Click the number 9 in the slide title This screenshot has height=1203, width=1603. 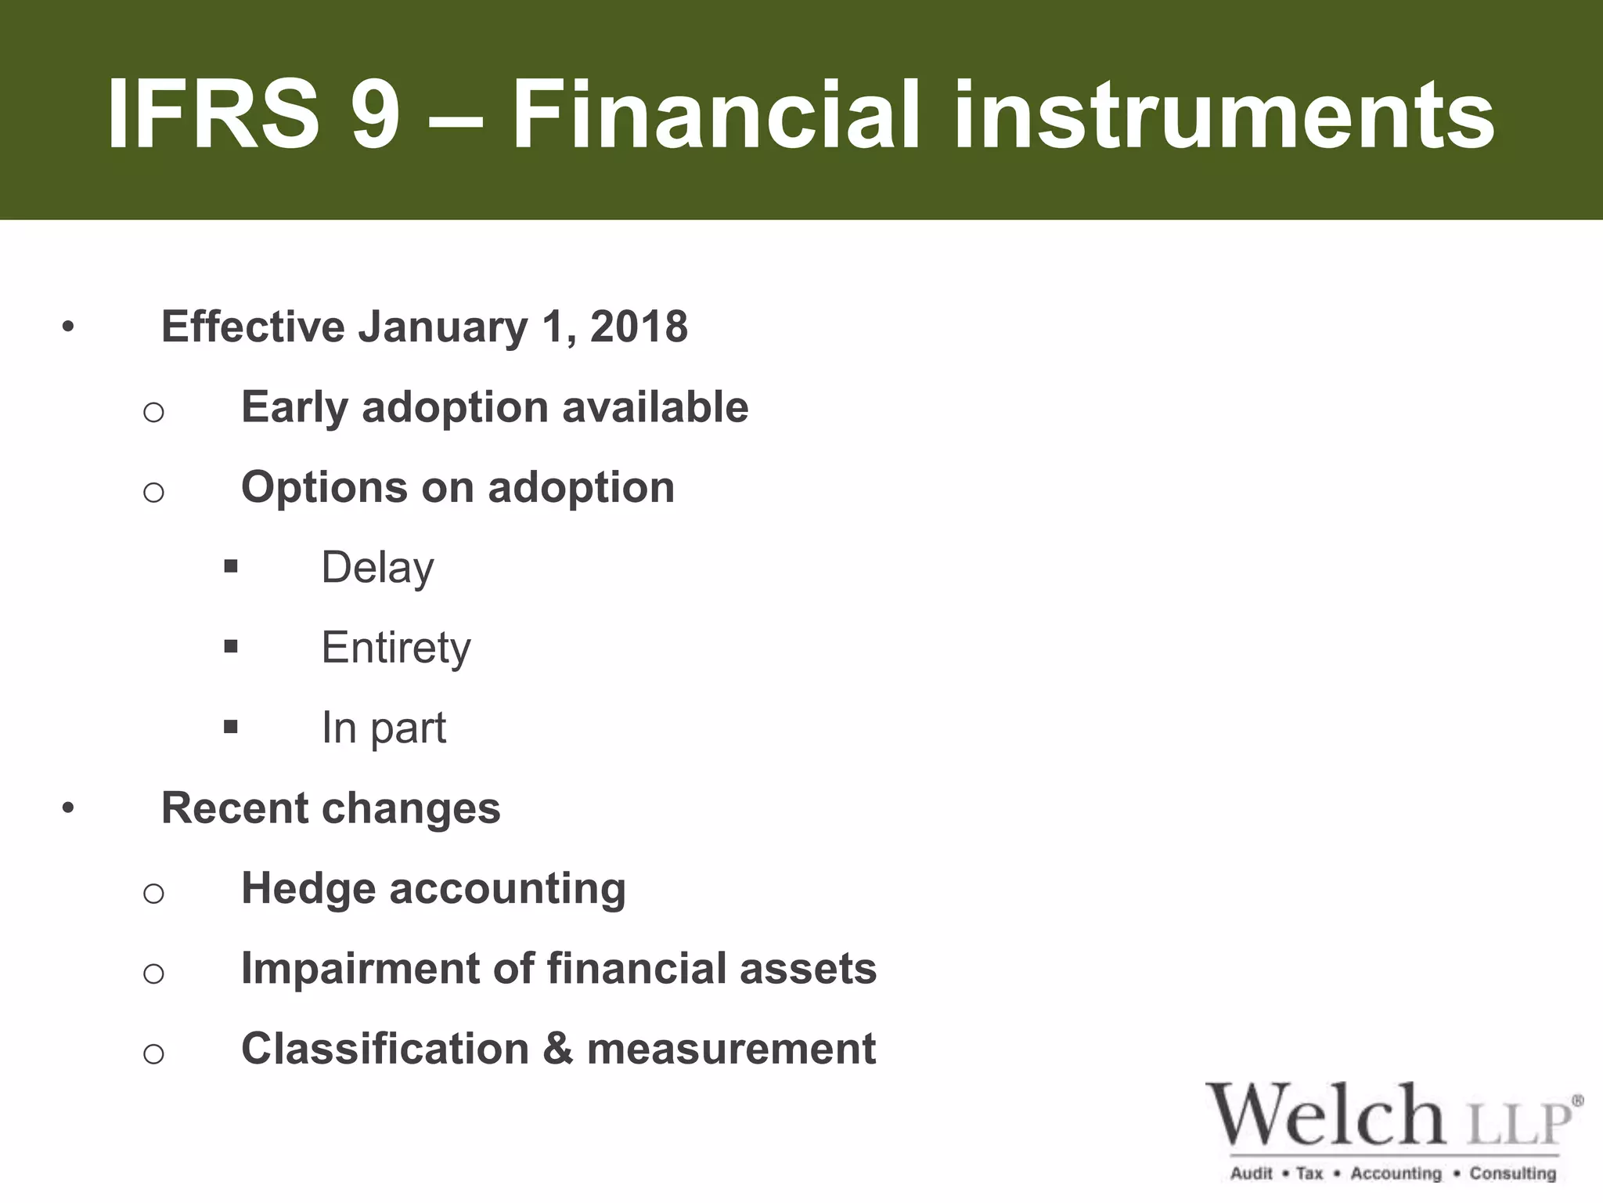pos(376,116)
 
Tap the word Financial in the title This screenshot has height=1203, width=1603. pos(716,116)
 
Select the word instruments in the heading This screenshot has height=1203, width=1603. pos(1224,116)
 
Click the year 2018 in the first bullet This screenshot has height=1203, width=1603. pos(639,327)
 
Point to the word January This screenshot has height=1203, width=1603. pos(443,327)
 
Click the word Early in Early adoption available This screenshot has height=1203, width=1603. pos(294,407)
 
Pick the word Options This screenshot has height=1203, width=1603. pos(324,488)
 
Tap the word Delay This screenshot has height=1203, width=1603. pos(377,568)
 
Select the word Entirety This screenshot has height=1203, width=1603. pos(396,648)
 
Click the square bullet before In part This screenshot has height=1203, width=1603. pos(230,727)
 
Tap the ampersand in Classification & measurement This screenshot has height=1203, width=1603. pos(557,1049)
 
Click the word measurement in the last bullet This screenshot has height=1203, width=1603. pos(731,1049)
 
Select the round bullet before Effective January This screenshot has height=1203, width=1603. pos(69,327)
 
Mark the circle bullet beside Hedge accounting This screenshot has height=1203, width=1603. pos(153,893)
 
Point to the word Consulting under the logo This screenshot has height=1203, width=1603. pos(1512,1173)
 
